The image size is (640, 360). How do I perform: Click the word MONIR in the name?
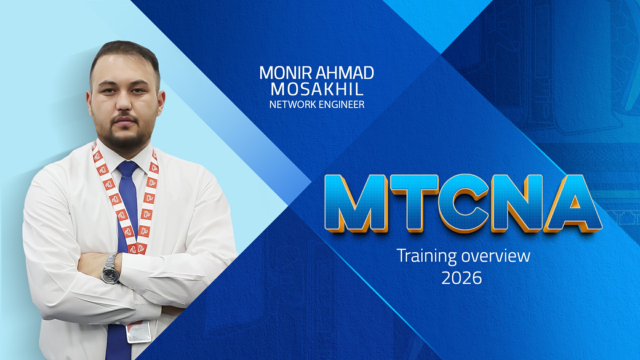(x=286, y=73)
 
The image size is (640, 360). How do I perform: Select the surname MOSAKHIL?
(x=317, y=89)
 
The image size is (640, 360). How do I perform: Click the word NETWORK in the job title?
(x=293, y=105)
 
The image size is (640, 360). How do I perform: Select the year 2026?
(x=462, y=278)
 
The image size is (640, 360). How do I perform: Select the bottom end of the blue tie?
(x=119, y=358)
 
